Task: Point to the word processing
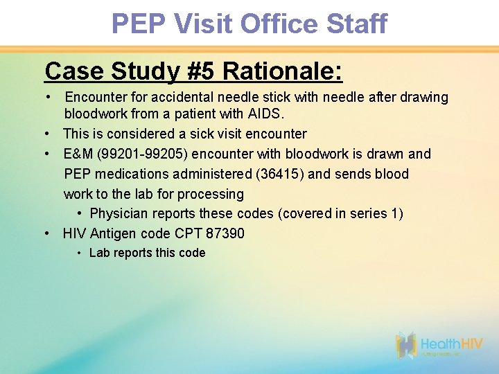(210, 194)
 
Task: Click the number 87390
(225, 233)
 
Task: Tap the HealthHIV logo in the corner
(439, 344)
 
